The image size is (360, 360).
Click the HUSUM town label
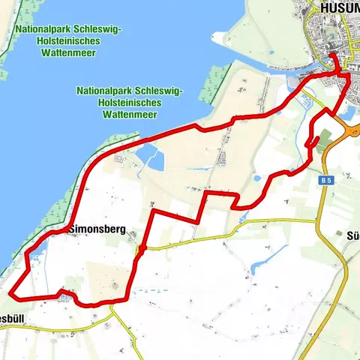pos(339,7)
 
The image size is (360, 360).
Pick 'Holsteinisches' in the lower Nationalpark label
pos(127,103)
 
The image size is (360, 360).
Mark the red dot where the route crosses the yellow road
pos(142,247)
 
